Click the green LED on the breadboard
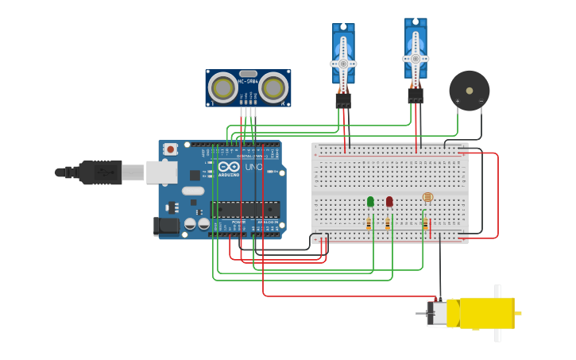click(370, 201)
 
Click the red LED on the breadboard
click(389, 201)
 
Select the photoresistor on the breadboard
click(427, 197)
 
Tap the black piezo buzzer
click(469, 90)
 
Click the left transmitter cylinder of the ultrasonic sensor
click(222, 86)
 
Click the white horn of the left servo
click(343, 64)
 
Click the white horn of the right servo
click(416, 58)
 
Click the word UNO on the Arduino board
click(253, 168)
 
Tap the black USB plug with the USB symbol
click(99, 171)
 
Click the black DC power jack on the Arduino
click(167, 226)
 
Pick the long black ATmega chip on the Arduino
click(245, 209)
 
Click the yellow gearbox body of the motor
click(481, 313)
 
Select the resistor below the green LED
click(369, 224)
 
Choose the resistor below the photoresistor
click(425, 224)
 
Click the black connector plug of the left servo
click(343, 101)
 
